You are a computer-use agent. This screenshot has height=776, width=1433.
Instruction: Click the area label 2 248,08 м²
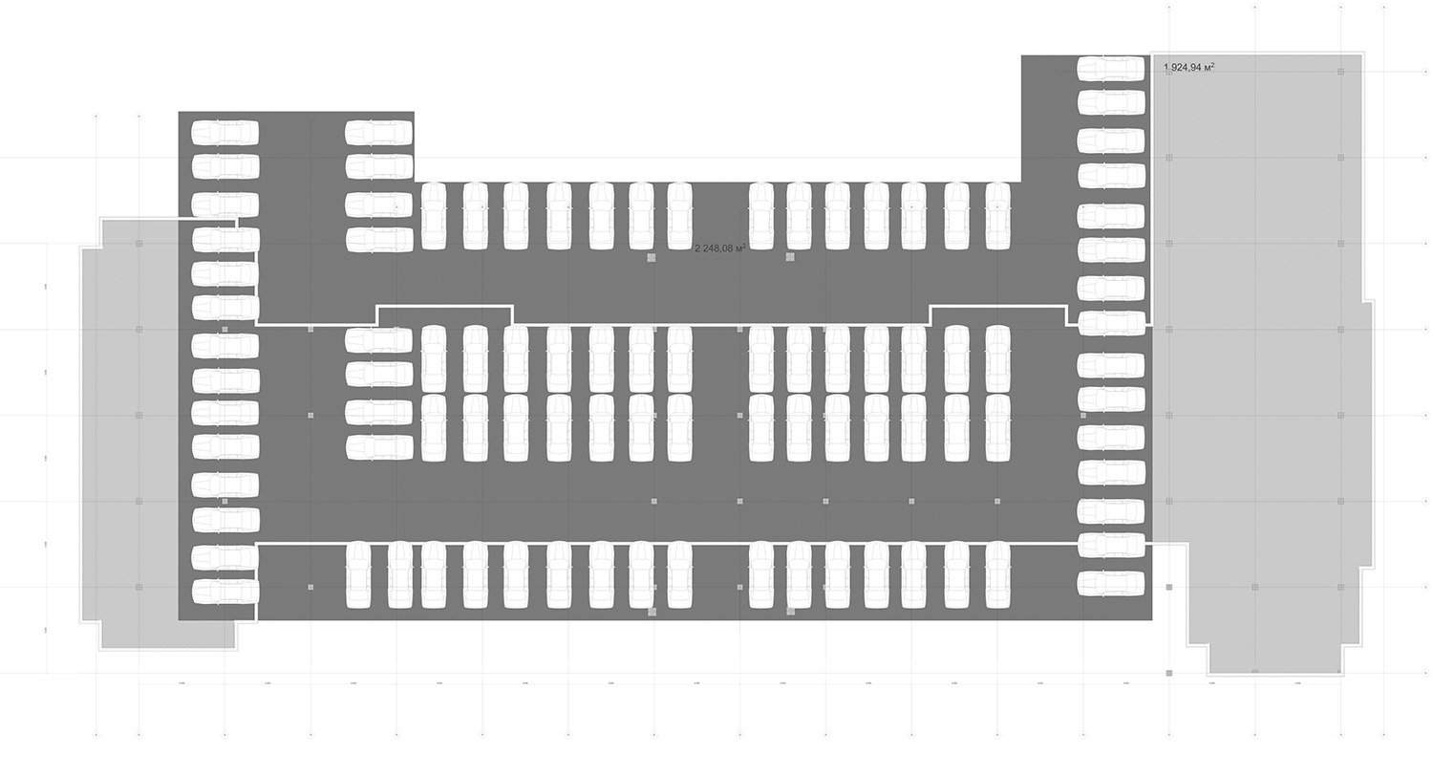tap(719, 248)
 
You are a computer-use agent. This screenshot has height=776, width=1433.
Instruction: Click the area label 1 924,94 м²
tap(1188, 68)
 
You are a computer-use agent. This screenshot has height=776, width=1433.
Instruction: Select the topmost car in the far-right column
tap(1110, 69)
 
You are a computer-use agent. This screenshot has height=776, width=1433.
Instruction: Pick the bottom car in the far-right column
tap(1110, 583)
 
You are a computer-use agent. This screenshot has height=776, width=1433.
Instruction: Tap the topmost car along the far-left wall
tap(225, 132)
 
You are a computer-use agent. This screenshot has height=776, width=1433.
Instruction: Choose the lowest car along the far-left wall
tap(225, 592)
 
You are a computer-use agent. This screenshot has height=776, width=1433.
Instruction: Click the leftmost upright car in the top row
tap(434, 216)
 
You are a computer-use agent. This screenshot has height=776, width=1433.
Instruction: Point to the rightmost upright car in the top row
tap(997, 216)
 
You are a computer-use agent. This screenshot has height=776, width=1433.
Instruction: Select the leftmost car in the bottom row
tap(358, 575)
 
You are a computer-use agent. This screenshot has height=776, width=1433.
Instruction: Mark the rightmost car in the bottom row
tap(997, 575)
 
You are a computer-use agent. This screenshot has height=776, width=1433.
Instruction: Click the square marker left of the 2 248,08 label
tap(652, 257)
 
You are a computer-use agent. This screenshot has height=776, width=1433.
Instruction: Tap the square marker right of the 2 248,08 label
tap(790, 257)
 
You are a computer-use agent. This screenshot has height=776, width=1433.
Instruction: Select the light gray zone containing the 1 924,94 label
tap(1261, 363)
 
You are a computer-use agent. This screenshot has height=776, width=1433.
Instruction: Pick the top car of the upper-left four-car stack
tap(378, 132)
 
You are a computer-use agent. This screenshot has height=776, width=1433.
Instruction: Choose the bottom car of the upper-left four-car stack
tap(378, 239)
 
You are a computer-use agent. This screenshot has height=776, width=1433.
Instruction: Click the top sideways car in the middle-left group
tap(378, 339)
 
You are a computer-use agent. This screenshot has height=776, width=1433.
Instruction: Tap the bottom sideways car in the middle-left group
tap(378, 447)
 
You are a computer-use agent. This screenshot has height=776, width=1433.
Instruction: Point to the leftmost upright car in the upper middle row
tap(434, 358)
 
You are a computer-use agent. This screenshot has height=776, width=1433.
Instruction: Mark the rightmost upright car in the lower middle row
tap(997, 428)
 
